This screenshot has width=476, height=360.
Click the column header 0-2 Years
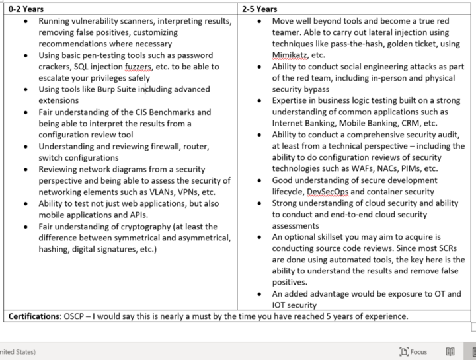[x=26, y=9]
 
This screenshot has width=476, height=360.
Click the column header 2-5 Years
[x=259, y=9]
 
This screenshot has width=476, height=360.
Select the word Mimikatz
[x=289, y=56]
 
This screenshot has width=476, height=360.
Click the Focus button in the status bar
[x=413, y=352]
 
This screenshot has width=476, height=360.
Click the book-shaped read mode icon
[x=450, y=352]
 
